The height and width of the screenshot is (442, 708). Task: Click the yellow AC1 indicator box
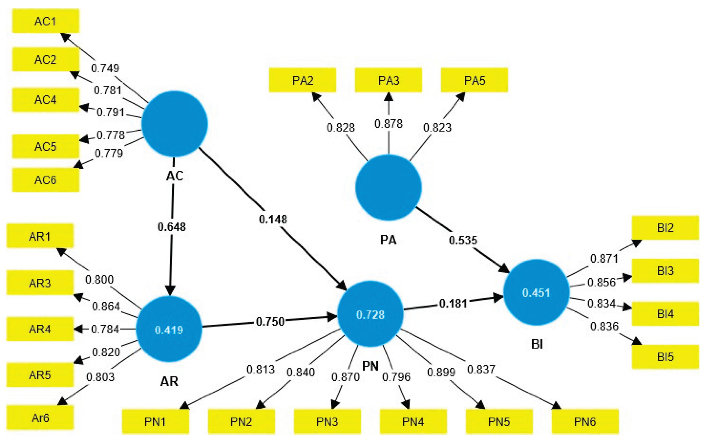click(46, 21)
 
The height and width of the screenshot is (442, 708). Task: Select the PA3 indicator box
click(388, 80)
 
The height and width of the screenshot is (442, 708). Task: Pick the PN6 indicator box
click(585, 422)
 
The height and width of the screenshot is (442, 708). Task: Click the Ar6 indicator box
click(40, 418)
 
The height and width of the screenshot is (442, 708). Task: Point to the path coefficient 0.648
click(172, 227)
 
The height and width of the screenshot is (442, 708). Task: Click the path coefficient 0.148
click(273, 219)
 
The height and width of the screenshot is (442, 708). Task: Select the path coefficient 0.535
click(463, 240)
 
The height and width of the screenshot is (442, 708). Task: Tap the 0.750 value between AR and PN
click(270, 321)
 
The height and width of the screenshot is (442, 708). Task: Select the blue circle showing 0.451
click(536, 292)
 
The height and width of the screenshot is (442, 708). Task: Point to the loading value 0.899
click(441, 372)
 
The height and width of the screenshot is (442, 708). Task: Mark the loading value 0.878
click(388, 124)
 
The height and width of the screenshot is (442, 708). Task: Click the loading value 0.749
click(105, 68)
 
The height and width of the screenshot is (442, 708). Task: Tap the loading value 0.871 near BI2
click(604, 258)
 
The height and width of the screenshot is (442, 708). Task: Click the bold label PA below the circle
click(388, 240)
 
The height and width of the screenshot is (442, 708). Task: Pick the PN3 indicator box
click(327, 422)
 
